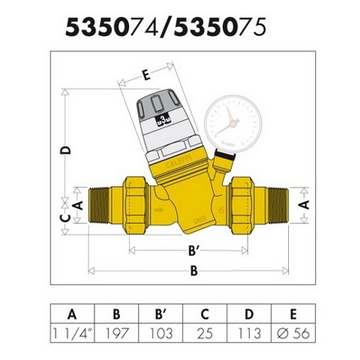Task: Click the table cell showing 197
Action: tap(117, 333)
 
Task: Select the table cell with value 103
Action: tap(161, 333)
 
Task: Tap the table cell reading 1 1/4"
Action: tap(73, 333)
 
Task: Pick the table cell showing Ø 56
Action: tap(293, 333)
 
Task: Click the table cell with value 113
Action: tap(249, 333)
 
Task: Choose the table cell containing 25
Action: tap(205, 333)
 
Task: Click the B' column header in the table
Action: tap(161, 314)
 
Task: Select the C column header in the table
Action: tap(205, 314)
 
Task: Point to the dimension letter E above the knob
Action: tap(146, 75)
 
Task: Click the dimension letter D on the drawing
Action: tap(65, 150)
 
